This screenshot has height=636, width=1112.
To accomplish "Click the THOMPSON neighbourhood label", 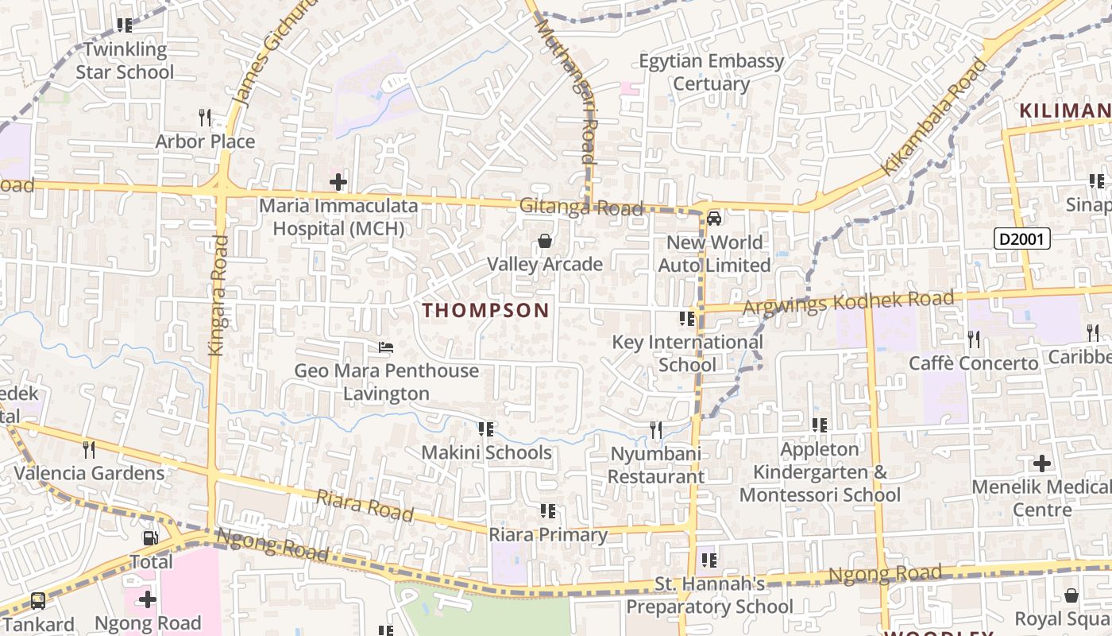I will pyautogui.click(x=486, y=310).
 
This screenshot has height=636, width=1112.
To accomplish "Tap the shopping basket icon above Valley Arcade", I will pyautogui.click(x=545, y=240).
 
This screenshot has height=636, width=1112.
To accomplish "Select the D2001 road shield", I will pyautogui.click(x=1022, y=238).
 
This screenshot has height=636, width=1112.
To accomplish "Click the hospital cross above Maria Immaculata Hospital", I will pyautogui.click(x=338, y=182).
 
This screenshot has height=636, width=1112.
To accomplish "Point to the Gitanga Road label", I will pyautogui.click(x=581, y=207).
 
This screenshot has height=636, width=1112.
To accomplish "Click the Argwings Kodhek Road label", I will pyautogui.click(x=847, y=303).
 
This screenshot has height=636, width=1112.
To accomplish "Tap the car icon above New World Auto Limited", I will pyautogui.click(x=714, y=218).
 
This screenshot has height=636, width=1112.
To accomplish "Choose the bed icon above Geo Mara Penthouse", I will pyautogui.click(x=386, y=347).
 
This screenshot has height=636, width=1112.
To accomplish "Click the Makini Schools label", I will pyautogui.click(x=486, y=452).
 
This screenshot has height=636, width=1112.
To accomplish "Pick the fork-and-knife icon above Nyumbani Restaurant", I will pyautogui.click(x=656, y=430).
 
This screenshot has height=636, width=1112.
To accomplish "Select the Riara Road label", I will pyautogui.click(x=365, y=506).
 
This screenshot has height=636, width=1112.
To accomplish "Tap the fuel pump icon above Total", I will pyautogui.click(x=151, y=538).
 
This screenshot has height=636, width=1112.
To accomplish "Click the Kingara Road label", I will pyautogui.click(x=217, y=294).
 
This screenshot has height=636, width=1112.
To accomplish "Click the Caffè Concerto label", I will pyautogui.click(x=973, y=363).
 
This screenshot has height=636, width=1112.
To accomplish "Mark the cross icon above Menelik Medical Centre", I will pyautogui.click(x=1042, y=463).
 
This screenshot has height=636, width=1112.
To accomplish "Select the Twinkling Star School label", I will pyautogui.click(x=125, y=60).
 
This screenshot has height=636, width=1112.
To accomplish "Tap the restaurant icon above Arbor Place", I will pyautogui.click(x=205, y=118).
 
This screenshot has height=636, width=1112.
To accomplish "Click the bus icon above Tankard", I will pyautogui.click(x=38, y=601).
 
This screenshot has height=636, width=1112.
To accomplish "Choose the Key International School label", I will pyautogui.click(x=687, y=353).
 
